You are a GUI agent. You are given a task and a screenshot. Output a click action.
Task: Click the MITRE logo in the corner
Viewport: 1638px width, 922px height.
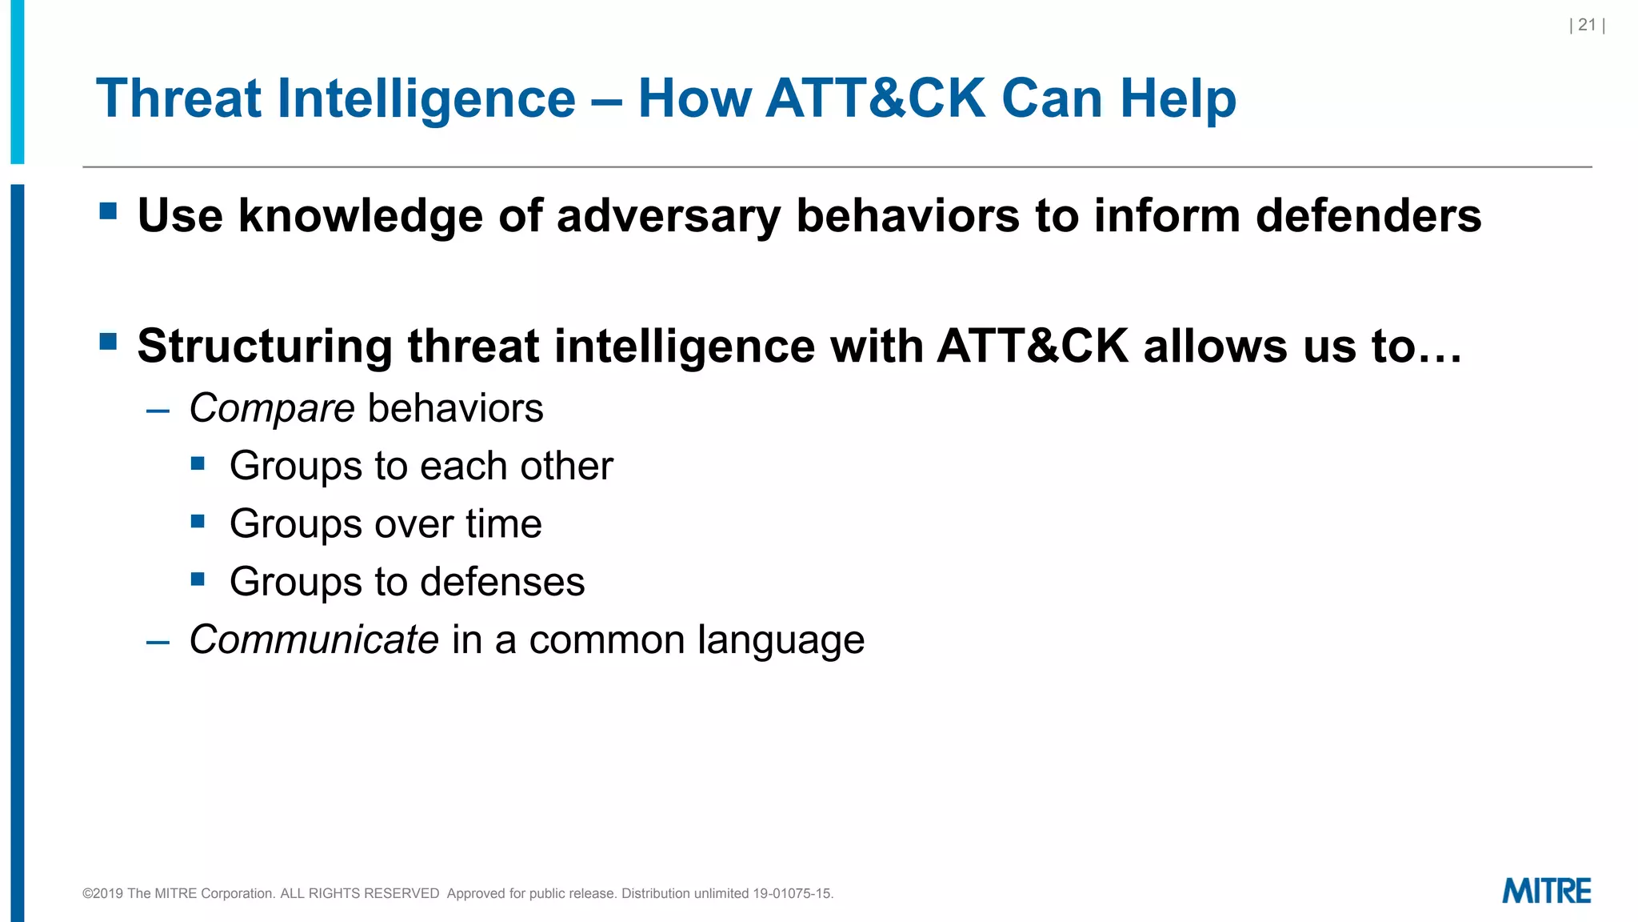pos(1546,891)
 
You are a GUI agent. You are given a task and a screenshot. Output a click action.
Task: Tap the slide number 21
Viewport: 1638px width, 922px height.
pos(1587,25)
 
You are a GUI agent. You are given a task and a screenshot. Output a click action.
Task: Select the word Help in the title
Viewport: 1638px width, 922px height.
pos(1177,98)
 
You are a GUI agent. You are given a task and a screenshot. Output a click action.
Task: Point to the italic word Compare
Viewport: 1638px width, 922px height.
pos(272,408)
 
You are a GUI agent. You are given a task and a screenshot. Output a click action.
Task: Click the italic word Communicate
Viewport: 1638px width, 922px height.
pos(314,639)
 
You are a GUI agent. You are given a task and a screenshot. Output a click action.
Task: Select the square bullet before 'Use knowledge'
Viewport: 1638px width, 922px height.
pos(108,211)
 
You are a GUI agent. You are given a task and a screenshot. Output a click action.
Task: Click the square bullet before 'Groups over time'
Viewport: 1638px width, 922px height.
pos(198,522)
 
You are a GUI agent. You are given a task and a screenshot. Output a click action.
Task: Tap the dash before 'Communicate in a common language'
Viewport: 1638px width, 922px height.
pos(158,642)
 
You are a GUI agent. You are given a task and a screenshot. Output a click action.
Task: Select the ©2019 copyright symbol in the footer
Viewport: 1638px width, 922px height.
pos(87,894)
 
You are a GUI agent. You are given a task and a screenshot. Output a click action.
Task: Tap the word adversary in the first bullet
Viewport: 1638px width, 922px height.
pos(667,216)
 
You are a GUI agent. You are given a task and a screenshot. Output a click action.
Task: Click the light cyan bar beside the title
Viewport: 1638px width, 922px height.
pos(17,80)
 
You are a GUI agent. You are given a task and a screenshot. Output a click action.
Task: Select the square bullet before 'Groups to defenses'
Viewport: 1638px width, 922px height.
pos(198,579)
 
